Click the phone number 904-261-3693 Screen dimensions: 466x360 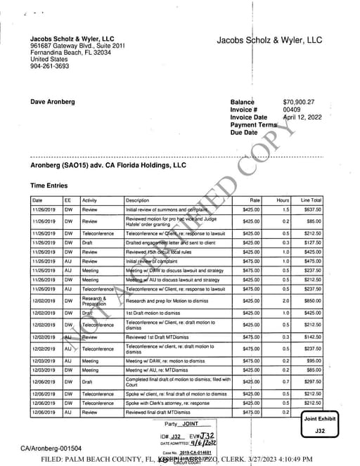(x=50, y=67)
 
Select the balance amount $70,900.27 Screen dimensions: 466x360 (x=299, y=103)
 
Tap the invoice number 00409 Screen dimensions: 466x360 (x=292, y=110)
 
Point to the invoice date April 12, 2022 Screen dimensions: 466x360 (x=302, y=117)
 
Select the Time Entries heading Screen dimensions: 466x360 (x=51, y=186)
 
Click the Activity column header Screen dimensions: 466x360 (x=91, y=200)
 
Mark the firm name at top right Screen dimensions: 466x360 (x=269, y=41)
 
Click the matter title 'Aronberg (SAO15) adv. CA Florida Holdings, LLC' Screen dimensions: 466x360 (x=108, y=166)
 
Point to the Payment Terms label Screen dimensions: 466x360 (x=254, y=125)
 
